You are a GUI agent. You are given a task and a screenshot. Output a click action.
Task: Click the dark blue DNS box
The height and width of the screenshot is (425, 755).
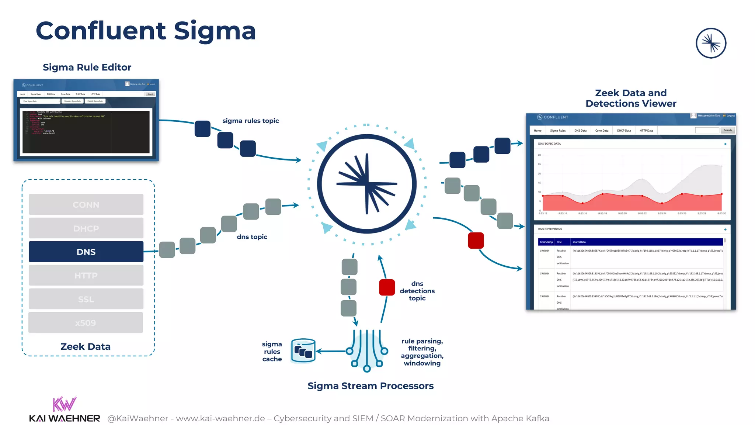click(x=86, y=252)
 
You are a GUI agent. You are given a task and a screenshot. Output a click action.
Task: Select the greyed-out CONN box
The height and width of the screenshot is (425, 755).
click(x=86, y=204)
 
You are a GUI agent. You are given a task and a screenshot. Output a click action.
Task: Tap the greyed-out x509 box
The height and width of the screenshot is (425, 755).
click(x=86, y=322)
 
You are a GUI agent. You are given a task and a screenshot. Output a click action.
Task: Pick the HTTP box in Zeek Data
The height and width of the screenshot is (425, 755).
click(x=86, y=275)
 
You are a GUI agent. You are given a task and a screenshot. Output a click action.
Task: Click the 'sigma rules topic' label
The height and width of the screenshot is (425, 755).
click(x=250, y=121)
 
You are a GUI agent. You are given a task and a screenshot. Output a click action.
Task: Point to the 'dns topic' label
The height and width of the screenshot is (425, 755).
click(x=252, y=237)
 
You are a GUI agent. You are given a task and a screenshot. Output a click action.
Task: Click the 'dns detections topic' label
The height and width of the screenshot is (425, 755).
click(x=417, y=291)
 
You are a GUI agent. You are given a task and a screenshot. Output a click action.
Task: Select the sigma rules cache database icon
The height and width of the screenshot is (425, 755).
click(x=303, y=351)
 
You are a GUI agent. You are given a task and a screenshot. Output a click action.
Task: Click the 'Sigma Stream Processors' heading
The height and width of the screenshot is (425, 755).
click(x=370, y=386)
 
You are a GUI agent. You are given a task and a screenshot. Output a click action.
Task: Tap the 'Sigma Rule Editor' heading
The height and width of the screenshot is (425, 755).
click(x=87, y=67)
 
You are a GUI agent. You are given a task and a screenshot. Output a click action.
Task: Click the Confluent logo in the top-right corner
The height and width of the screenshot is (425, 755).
click(x=711, y=43)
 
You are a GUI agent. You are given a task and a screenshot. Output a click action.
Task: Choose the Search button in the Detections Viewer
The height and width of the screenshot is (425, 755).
click(x=727, y=130)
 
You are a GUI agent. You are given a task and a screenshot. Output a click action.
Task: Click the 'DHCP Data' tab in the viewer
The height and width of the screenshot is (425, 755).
click(x=624, y=131)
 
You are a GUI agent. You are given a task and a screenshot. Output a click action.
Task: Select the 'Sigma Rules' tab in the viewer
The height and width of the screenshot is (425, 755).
click(x=557, y=131)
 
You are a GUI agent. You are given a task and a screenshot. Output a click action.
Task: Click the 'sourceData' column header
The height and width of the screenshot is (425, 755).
click(x=579, y=242)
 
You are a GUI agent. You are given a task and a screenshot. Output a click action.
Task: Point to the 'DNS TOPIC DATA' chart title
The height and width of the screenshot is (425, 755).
click(x=549, y=144)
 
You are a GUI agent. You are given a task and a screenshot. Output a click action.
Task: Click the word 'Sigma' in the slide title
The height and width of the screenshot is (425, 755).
click(x=215, y=31)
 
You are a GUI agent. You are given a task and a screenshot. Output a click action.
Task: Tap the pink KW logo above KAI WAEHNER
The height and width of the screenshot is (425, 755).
click(x=64, y=404)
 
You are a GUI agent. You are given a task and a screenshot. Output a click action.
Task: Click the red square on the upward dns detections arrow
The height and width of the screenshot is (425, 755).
click(x=387, y=287)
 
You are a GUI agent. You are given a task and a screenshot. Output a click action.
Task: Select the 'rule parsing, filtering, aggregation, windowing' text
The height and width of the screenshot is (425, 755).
click(x=422, y=352)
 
